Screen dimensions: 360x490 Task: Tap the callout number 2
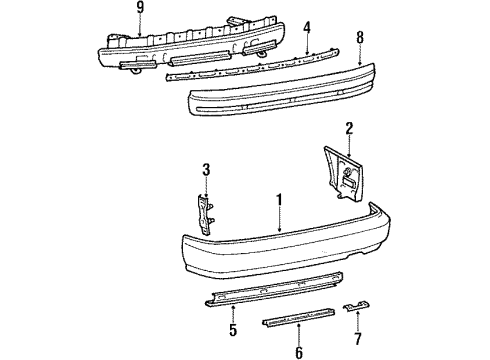click(348, 129)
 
